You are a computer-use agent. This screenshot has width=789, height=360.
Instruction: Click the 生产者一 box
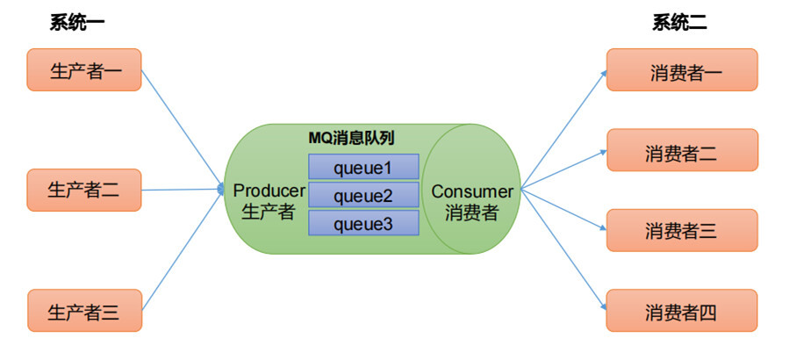(84, 69)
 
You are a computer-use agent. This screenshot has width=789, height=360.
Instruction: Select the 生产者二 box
(84, 190)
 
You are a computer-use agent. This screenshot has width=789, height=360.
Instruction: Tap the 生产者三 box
(84, 310)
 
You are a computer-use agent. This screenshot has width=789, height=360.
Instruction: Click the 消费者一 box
(681, 69)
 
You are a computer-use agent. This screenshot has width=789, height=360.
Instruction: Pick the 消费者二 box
(681, 150)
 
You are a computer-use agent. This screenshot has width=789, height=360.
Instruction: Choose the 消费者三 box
(681, 230)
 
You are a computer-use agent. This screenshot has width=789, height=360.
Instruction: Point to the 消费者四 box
(681, 310)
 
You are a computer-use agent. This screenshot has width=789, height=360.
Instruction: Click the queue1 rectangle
(363, 167)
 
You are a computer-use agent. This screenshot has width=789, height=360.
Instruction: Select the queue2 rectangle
(363, 195)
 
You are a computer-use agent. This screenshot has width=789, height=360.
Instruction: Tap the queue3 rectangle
(363, 224)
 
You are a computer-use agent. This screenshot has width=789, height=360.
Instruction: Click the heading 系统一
(77, 24)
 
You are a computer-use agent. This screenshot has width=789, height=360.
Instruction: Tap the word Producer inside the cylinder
(269, 191)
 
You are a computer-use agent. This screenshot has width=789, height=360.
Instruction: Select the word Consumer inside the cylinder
(471, 191)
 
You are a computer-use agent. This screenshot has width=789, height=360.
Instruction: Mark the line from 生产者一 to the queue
(180, 128)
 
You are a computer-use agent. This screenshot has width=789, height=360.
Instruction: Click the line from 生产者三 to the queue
(180, 251)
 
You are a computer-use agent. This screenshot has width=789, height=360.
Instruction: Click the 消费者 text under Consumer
(471, 212)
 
